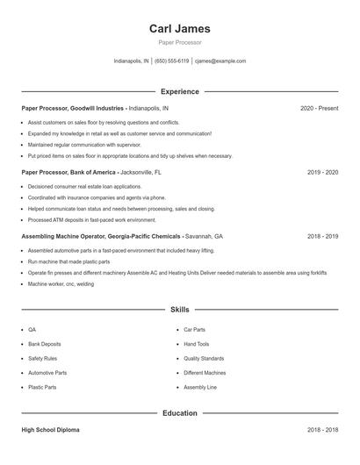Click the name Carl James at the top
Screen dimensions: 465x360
(x=180, y=29)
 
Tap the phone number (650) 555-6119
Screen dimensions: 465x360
(x=172, y=61)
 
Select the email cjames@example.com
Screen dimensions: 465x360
(x=220, y=61)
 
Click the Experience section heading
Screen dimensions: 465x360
(x=180, y=91)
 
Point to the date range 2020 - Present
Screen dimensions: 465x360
(x=319, y=108)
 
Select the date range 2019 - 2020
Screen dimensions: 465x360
(x=322, y=173)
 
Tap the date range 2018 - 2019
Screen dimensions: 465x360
(x=322, y=237)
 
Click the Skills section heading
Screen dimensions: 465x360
(x=180, y=310)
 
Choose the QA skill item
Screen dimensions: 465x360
(x=32, y=330)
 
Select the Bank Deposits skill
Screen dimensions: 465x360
(x=45, y=344)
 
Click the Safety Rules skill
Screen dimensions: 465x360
(x=43, y=358)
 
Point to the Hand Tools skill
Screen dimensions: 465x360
(x=197, y=344)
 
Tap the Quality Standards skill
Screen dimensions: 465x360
(x=204, y=358)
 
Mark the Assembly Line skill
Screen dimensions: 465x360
(x=200, y=387)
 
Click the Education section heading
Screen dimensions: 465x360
(x=180, y=412)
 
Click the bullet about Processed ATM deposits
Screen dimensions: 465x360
(x=92, y=220)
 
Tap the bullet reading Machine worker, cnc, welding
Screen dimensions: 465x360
(x=61, y=284)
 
